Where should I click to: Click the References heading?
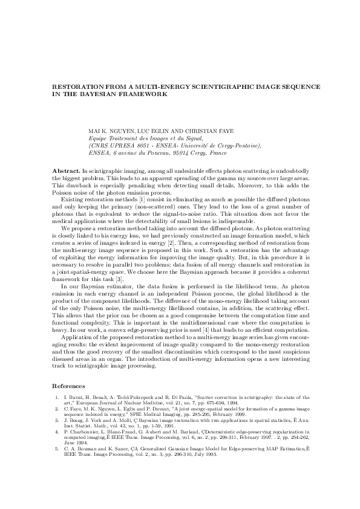[68, 384]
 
